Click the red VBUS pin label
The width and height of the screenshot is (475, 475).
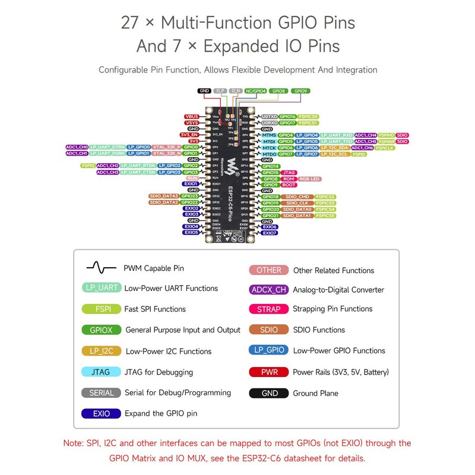(x=191, y=116)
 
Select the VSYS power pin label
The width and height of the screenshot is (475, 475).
(x=191, y=122)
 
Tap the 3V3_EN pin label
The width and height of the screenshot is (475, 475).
(x=189, y=135)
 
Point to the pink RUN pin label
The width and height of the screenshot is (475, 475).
(x=192, y=178)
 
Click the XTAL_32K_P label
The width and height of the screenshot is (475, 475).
(x=166, y=147)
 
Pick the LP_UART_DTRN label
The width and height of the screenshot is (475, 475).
(x=109, y=147)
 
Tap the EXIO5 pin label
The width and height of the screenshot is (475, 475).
(x=191, y=233)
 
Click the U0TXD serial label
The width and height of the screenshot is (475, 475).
(x=269, y=117)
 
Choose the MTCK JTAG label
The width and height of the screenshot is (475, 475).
(x=269, y=148)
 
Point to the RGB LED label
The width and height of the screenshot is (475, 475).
(x=309, y=179)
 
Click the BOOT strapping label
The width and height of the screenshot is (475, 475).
(x=289, y=185)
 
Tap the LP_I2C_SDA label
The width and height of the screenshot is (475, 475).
(x=334, y=148)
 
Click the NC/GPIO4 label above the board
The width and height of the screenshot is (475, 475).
(x=256, y=91)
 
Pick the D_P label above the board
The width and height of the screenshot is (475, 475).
(x=220, y=91)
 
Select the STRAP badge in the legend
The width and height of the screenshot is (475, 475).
(x=268, y=309)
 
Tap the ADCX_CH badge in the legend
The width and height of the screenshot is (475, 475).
(x=268, y=290)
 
